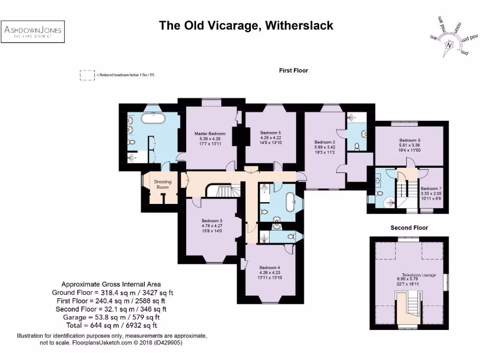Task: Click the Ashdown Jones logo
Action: [x=33, y=32]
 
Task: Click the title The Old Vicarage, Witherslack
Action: [x=246, y=25]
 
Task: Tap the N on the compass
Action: [x=449, y=46]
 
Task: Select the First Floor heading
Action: [x=293, y=70]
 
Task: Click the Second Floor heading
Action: [x=409, y=228]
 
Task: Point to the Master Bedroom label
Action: [x=210, y=134]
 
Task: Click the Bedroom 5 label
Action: [x=270, y=133]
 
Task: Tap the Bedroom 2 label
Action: [x=324, y=142]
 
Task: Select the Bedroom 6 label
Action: [x=410, y=140]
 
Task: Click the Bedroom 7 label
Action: [x=431, y=188]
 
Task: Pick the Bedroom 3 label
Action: [x=211, y=221]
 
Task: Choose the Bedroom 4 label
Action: [x=270, y=268]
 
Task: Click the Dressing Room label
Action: [x=163, y=184]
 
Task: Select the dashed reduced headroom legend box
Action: [x=87, y=75]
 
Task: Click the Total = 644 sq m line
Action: [x=111, y=325]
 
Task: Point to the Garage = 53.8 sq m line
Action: [x=111, y=317]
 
